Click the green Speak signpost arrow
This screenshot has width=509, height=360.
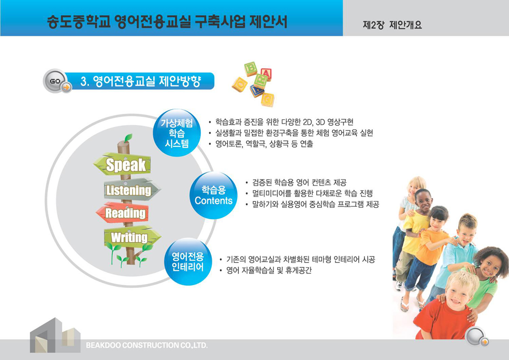point(122,164)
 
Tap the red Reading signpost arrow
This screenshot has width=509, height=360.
point(122,213)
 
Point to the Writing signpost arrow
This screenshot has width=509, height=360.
point(132,237)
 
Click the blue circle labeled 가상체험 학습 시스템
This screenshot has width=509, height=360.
point(176,133)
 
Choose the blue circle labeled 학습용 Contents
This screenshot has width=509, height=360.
point(213,195)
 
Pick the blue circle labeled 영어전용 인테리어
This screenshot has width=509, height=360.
point(187,262)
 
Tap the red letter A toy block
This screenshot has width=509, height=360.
point(266,74)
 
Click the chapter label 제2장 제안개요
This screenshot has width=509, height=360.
point(392,25)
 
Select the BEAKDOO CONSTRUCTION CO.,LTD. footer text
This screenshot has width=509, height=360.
point(147,346)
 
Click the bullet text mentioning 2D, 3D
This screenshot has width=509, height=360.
point(284,122)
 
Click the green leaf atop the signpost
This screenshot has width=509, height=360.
point(128,138)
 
